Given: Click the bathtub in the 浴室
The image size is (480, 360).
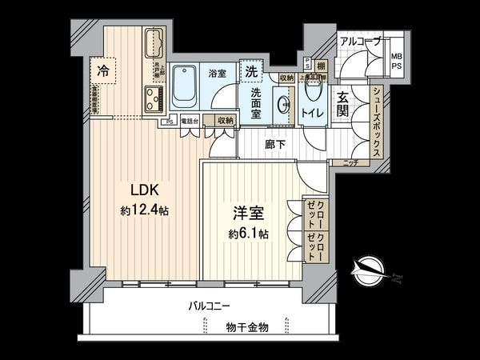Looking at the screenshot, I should tap(186, 87).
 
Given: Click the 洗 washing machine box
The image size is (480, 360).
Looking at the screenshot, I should tap(251, 70).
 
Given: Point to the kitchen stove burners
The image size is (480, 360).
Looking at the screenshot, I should tap(154, 100).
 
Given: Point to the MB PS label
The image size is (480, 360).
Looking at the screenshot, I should tap(396, 61).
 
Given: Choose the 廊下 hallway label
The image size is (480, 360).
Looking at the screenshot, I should tap(276, 146).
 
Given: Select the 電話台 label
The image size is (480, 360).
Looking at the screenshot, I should tap(189, 121).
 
